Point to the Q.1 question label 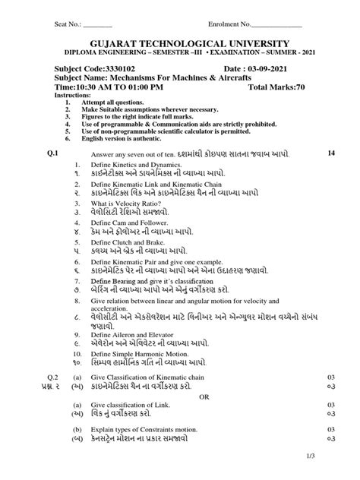tap(52, 154)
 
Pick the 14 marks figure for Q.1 tap(330, 154)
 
